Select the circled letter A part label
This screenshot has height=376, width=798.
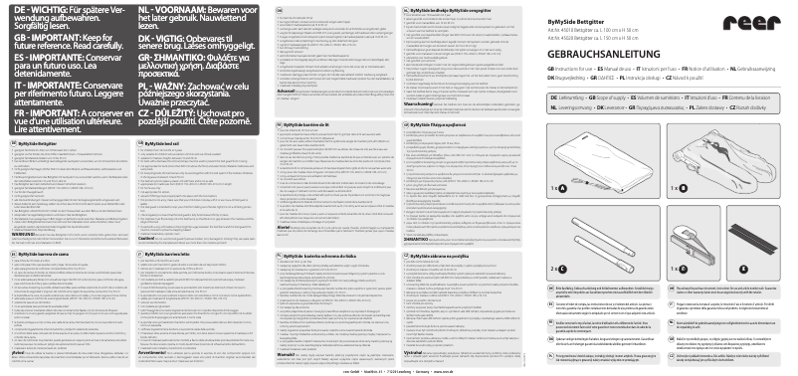point(562,188)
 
